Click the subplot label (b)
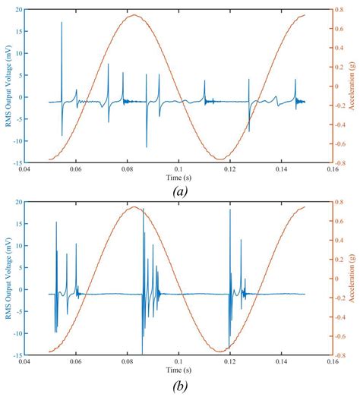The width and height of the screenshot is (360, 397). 179,385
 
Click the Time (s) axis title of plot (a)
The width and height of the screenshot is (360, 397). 179,176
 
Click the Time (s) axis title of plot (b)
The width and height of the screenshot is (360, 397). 179,370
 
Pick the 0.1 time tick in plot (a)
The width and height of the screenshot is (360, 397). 179,169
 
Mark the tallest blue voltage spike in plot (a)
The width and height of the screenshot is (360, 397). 62,23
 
